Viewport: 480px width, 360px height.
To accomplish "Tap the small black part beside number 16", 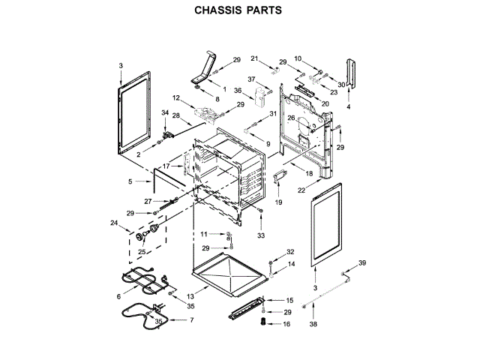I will coord(262,322).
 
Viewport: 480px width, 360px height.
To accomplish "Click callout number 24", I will coord(114,223).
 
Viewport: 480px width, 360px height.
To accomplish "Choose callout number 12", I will coord(177,98).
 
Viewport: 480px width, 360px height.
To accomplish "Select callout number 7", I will coord(191,320).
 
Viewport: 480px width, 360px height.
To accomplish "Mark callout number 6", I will coord(118,297).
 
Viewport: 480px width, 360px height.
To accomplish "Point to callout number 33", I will coord(262,236).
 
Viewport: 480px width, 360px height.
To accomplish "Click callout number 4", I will coord(348,107).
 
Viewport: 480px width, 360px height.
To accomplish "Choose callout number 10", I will coord(297,58).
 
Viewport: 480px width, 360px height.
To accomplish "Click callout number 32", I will coord(290,252).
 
